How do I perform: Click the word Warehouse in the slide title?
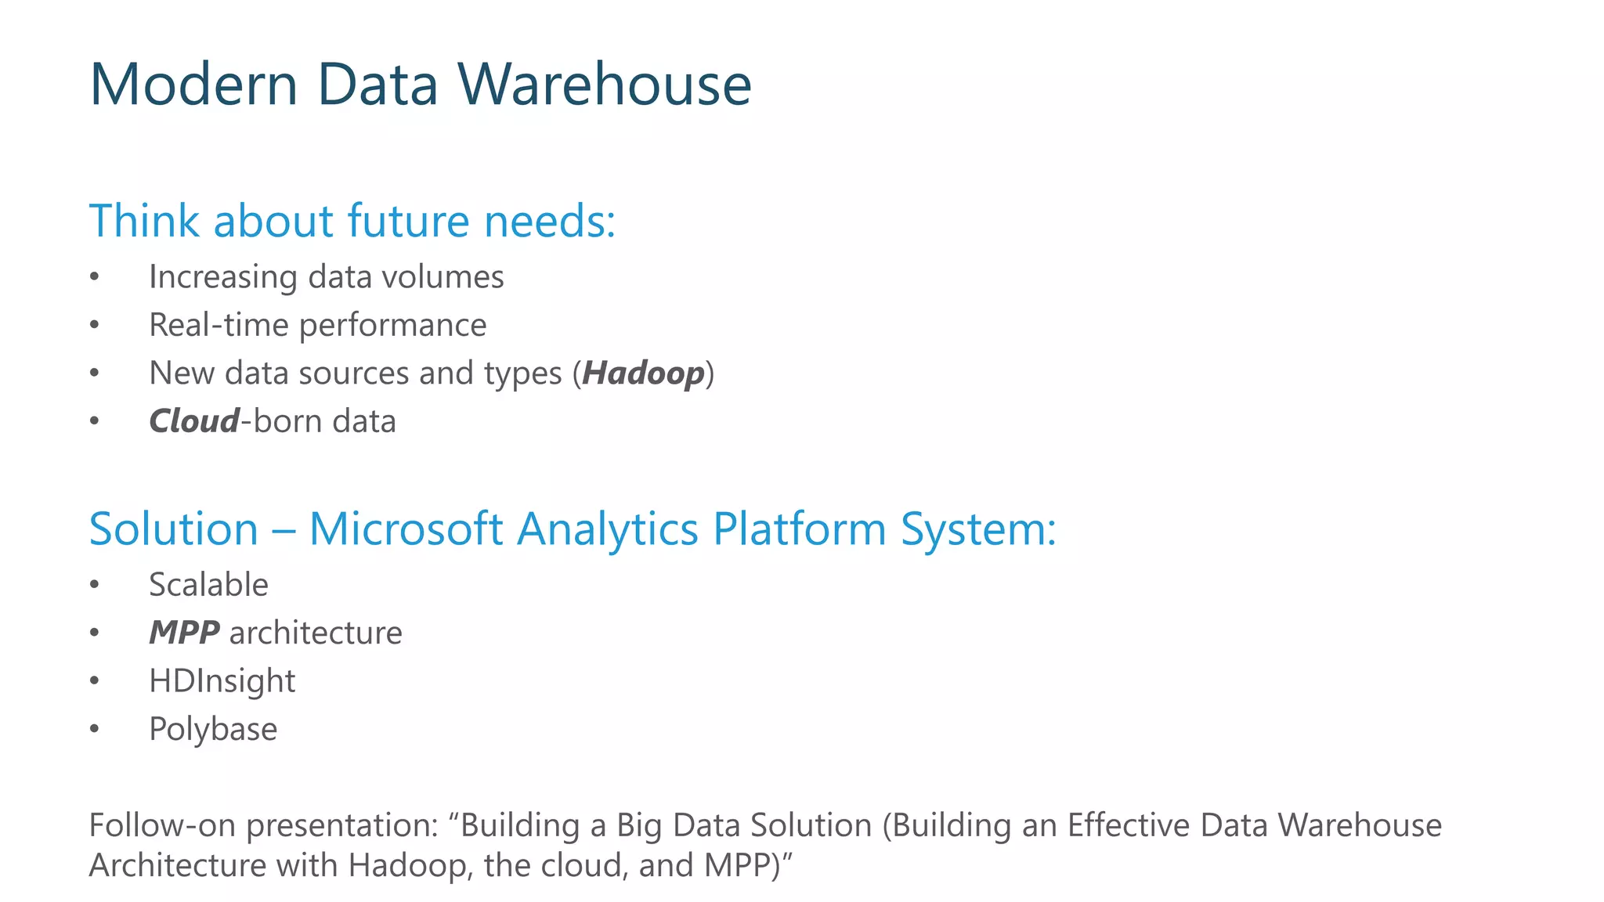point(604,85)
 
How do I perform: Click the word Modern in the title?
point(193,85)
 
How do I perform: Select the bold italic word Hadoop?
point(643,373)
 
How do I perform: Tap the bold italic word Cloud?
point(194,421)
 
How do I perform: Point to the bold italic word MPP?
point(184,633)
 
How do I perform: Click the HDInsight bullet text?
point(222,681)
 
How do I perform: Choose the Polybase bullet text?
point(213,729)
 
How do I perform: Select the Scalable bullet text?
point(208,585)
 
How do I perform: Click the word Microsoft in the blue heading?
point(406,529)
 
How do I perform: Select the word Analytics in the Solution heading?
point(607,529)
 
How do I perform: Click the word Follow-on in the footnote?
point(161,825)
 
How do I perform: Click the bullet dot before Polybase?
point(94,730)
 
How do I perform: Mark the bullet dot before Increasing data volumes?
point(94,277)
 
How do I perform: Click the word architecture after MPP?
point(316,633)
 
